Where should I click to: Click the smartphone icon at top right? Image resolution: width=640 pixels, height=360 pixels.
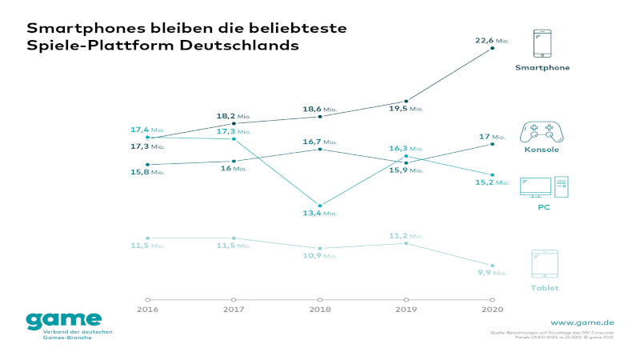click(x=542, y=44)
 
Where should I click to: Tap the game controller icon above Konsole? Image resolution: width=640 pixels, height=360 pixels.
click(x=542, y=132)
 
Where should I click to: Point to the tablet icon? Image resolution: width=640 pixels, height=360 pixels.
click(x=544, y=264)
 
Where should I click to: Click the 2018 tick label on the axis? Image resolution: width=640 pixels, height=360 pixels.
click(x=320, y=309)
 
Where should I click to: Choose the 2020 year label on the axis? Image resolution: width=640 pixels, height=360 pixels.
click(x=493, y=309)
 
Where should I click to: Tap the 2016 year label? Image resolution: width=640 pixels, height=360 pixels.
click(x=147, y=309)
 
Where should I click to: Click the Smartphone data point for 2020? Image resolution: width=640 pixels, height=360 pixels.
click(x=493, y=49)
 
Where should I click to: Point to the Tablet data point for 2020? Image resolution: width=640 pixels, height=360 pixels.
click(x=493, y=265)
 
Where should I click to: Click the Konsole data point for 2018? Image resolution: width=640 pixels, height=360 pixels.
click(x=320, y=150)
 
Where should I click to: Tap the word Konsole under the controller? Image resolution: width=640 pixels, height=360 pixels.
click(x=542, y=150)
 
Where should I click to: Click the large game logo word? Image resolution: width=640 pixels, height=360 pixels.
click(x=64, y=320)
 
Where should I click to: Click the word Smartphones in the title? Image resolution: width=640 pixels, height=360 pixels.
click(x=74, y=28)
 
